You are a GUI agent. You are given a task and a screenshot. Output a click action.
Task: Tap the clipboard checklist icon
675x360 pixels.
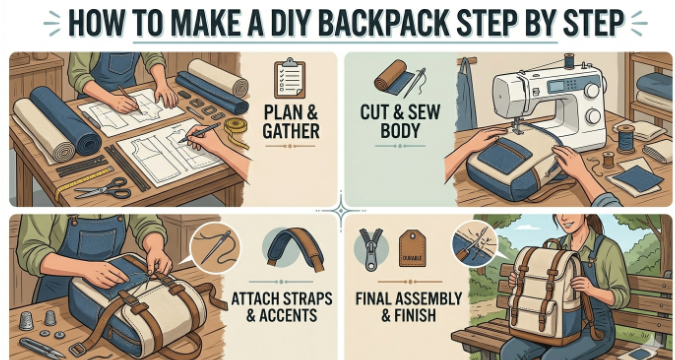(289, 78)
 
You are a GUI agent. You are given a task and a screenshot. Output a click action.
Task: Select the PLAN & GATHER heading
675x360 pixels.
(291, 121)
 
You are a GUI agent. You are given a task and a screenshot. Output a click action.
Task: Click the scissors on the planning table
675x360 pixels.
(103, 189)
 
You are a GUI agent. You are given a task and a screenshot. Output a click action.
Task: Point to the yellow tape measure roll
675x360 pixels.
(237, 129)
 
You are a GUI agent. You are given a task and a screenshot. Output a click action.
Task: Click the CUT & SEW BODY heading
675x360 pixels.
(400, 121)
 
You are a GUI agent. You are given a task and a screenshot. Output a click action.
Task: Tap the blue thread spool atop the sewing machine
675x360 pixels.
(569, 60)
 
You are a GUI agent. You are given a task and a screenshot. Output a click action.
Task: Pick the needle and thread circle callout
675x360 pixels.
(215, 248)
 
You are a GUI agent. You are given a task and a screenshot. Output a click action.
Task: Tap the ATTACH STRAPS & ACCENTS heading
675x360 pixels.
(282, 307)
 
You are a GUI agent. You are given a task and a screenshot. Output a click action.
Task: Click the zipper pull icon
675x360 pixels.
(371, 249)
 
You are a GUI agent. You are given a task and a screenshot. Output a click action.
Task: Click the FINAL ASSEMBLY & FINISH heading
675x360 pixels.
(409, 307)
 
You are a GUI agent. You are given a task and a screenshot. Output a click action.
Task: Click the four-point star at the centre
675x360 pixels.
(341, 211)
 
